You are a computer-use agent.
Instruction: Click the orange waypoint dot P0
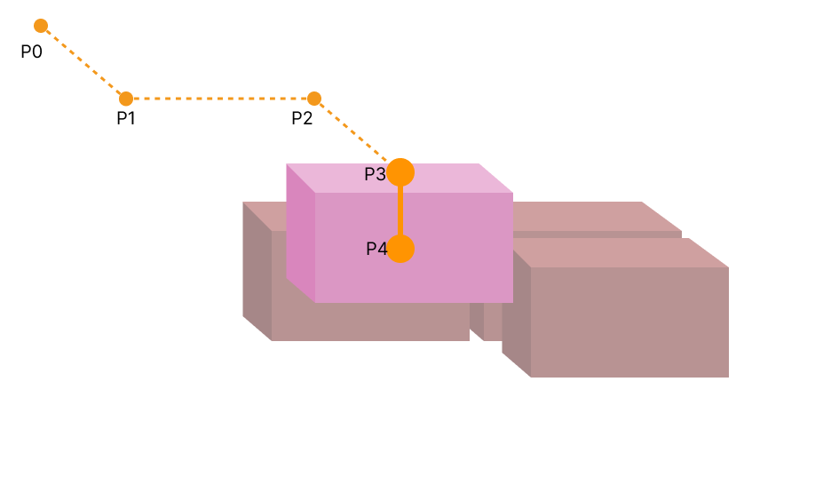[41, 26]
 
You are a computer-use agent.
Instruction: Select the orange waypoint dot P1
[126, 99]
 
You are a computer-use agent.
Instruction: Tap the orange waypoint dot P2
[313, 99]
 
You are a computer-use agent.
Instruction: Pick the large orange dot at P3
[400, 171]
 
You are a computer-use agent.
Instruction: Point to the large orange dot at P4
[400, 249]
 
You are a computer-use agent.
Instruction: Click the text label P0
[32, 52]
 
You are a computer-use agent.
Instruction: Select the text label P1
[126, 118]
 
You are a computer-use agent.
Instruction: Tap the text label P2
[302, 118]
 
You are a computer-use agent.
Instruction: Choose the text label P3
[375, 174]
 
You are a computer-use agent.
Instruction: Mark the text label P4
[376, 250]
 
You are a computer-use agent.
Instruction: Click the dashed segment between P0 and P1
[83, 62]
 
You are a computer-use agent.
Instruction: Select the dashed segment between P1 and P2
[220, 99]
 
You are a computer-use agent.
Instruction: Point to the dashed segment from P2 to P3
[353, 132]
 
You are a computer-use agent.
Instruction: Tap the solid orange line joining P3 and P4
[400, 211]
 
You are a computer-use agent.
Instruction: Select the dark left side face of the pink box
[300, 233]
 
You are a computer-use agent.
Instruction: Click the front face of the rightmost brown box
[629, 322]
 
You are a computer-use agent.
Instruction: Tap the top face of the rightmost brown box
[621, 253]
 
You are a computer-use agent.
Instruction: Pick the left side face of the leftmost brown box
[257, 271]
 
